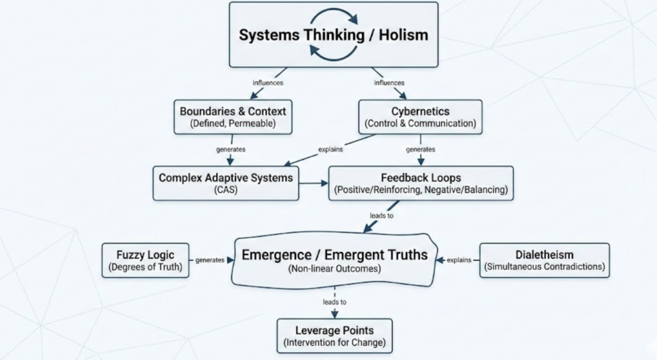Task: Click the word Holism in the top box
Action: tap(403, 35)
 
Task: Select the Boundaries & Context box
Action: tap(233, 117)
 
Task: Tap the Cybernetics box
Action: tap(420, 117)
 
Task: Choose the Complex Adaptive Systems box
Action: tap(226, 184)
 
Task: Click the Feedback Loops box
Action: tap(421, 184)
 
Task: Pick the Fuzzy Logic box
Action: tap(145, 260)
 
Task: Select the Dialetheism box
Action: tap(544, 260)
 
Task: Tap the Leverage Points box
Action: tap(335, 336)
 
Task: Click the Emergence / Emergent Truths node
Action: tap(334, 260)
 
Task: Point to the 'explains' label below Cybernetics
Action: tap(331, 149)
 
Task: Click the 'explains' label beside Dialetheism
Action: tap(459, 260)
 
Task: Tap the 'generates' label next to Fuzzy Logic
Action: tap(210, 260)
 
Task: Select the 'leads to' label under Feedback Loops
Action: tap(381, 216)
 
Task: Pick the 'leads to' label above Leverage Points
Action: tap(335, 302)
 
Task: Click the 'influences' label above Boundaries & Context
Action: tap(268, 83)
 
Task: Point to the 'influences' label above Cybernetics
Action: tap(389, 83)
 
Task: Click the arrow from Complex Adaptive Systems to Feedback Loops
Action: tap(314, 184)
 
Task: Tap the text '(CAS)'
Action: tap(226, 190)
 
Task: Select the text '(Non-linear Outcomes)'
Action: tap(334, 268)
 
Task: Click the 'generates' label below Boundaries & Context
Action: tap(231, 149)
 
